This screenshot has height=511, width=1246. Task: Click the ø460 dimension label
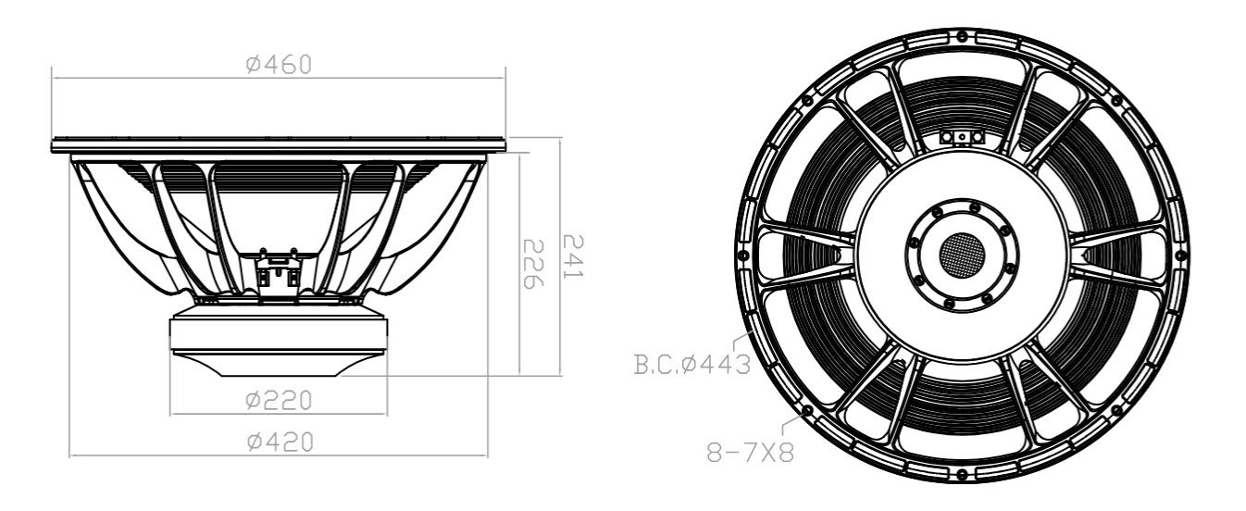point(279,64)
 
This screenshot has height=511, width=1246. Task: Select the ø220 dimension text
point(279,400)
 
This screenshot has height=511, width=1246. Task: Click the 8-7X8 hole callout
point(751,455)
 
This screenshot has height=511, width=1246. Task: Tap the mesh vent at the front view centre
point(962,252)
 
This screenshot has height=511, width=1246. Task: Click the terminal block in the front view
point(963,136)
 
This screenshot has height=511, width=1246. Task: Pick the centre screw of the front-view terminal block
point(963,136)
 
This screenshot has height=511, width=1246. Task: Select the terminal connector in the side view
point(279,268)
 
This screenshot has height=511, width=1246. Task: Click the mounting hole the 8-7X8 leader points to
point(808,408)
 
